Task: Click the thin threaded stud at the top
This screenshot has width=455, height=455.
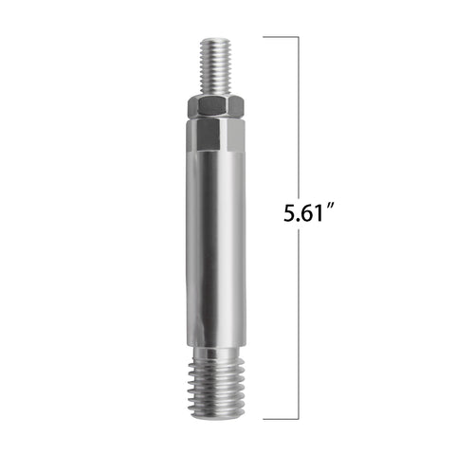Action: click(x=216, y=67)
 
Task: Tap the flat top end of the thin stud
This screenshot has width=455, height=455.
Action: click(x=216, y=39)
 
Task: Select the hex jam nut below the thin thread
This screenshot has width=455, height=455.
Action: click(x=216, y=107)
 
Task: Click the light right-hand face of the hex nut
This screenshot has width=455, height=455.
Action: click(x=236, y=107)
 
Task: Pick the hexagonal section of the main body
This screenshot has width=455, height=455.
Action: click(x=216, y=136)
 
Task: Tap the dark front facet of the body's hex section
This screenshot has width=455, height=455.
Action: click(x=209, y=135)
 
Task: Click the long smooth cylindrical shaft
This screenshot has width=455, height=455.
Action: click(x=216, y=249)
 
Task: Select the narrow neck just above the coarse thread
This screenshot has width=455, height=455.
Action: click(x=216, y=354)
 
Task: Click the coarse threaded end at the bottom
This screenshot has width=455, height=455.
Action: click(x=216, y=391)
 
